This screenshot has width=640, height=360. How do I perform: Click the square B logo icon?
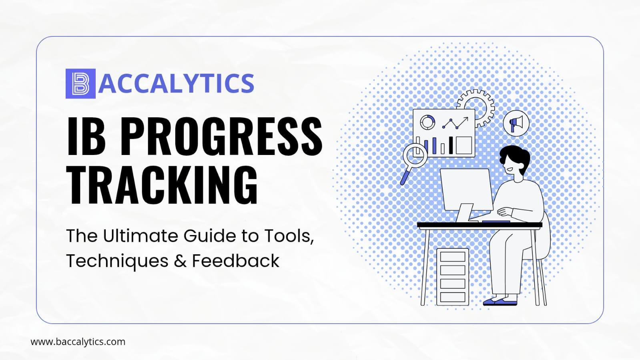80,84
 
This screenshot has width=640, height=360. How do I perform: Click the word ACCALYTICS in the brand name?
176,83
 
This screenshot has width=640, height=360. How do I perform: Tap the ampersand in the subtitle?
180,261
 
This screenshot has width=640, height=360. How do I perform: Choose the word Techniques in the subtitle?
117,261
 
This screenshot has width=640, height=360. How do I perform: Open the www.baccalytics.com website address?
78,342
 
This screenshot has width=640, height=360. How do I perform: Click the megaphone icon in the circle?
516,123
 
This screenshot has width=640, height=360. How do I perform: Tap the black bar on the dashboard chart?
451,145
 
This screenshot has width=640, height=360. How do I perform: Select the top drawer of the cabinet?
453,257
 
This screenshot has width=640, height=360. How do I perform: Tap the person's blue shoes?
500,302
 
